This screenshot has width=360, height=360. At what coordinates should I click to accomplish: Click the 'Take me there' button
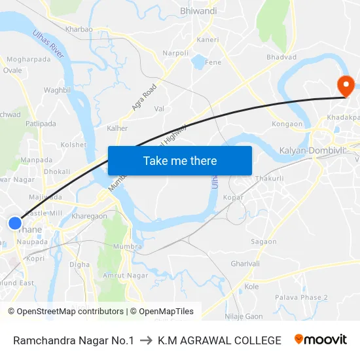[180, 160]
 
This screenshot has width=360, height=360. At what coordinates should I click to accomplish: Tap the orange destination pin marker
[344, 85]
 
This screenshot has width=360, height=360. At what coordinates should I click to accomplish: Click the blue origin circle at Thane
[15, 223]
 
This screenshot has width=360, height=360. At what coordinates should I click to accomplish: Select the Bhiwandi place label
[198, 11]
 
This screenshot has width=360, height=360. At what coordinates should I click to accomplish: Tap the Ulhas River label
[49, 45]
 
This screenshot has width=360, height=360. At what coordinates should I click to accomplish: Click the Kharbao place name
[79, 29]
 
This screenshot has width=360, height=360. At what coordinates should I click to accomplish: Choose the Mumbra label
[128, 247]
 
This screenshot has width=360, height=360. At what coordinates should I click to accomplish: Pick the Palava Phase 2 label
[301, 297]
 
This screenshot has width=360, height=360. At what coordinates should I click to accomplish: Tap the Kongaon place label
[287, 124]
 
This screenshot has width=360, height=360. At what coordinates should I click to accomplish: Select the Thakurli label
[269, 178]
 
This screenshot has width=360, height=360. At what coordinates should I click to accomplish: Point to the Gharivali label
[245, 263]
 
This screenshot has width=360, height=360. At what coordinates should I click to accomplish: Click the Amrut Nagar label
[126, 276]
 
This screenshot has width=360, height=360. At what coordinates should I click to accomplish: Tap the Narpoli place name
[175, 53]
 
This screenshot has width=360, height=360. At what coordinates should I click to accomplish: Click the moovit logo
[321, 340]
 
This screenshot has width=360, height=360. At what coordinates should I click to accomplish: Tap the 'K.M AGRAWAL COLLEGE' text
[219, 340]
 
